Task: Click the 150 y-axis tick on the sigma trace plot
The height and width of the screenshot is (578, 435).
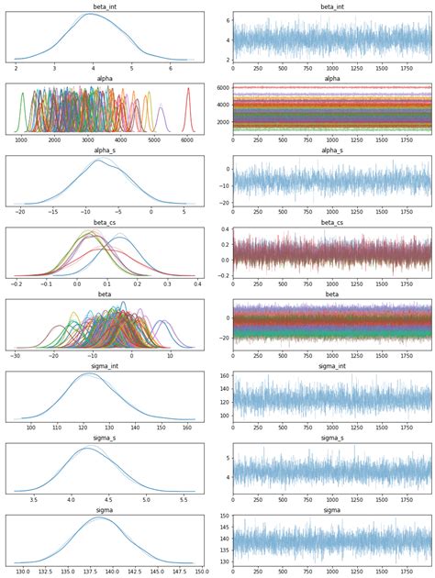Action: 224,517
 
